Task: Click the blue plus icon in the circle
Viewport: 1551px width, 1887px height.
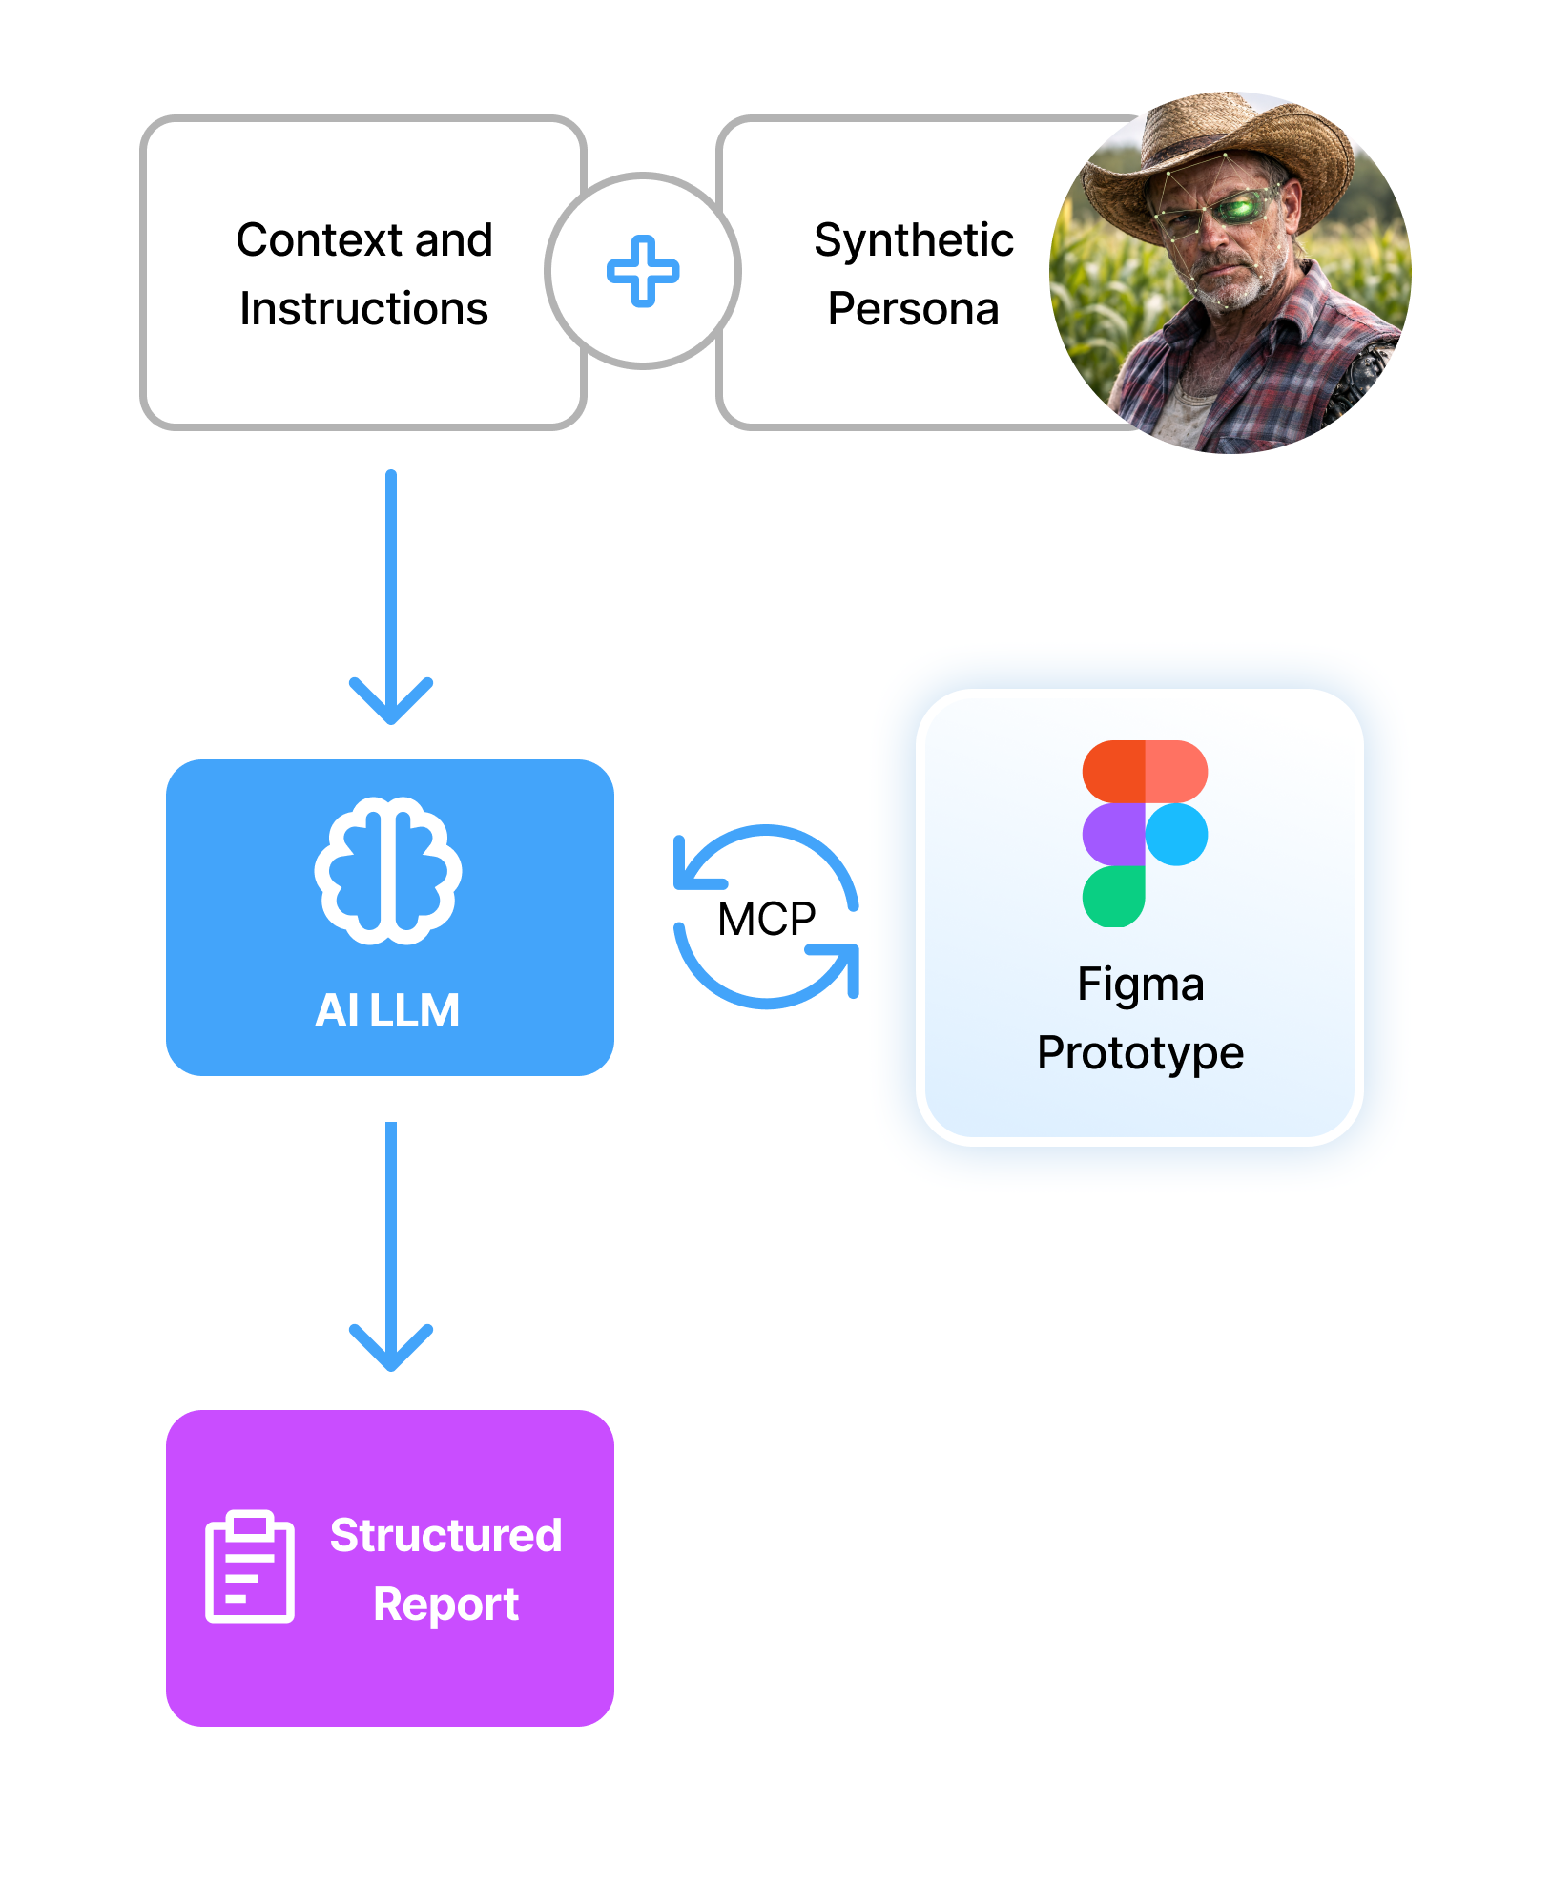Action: tap(643, 271)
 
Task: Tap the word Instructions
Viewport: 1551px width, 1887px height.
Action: tap(363, 308)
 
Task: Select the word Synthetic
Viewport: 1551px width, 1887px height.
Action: tap(913, 239)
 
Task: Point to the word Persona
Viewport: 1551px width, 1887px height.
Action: tap(913, 308)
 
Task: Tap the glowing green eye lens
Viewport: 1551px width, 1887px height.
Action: tap(1240, 207)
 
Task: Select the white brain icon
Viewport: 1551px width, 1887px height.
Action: tap(388, 870)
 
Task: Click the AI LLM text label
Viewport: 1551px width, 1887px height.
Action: tap(388, 1010)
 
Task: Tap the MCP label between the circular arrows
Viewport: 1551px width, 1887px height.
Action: tap(766, 919)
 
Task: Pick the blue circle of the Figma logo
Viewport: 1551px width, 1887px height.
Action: tap(1176, 834)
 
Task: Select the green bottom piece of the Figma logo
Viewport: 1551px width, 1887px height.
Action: tap(1113, 896)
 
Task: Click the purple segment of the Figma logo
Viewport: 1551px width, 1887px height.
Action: tap(1113, 834)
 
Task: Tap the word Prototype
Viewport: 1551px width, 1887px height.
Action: tap(1140, 1052)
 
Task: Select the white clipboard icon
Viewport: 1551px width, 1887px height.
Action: tap(250, 1566)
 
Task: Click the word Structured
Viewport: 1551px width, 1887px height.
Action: tap(445, 1535)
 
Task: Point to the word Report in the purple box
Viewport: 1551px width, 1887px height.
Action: tap(445, 1604)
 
